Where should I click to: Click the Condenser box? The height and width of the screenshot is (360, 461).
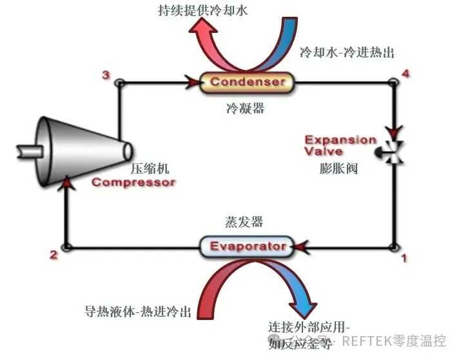(247, 82)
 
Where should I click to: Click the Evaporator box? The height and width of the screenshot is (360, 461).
(248, 246)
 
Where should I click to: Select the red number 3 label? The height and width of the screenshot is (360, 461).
(105, 76)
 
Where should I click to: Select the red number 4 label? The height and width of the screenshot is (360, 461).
(405, 73)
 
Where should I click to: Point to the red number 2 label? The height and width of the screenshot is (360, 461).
(54, 255)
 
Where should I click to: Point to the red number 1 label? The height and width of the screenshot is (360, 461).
(404, 259)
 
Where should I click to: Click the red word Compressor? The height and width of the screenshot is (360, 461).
(133, 183)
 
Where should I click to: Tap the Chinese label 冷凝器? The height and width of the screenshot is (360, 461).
(245, 108)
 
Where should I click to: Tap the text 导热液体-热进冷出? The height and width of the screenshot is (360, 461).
(139, 311)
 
